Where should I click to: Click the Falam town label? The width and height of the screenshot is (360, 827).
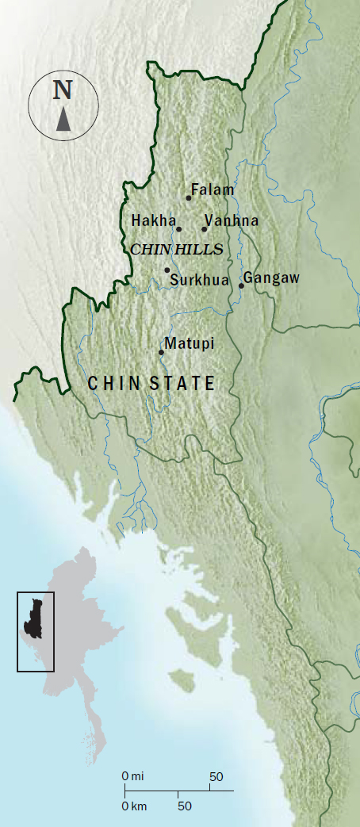click(214, 190)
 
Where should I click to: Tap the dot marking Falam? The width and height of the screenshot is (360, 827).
click(189, 197)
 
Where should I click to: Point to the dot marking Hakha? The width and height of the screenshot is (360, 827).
click(178, 229)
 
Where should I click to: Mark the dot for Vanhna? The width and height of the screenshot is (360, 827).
click(205, 229)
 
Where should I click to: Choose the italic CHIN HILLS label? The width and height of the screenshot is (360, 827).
click(175, 249)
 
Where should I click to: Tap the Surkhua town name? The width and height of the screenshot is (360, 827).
click(200, 279)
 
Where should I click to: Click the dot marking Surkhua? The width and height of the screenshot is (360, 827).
click(167, 270)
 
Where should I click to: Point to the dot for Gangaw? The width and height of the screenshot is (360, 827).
click(241, 285)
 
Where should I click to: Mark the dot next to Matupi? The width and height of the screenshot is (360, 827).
click(162, 352)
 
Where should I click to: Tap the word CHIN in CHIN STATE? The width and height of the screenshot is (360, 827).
click(113, 384)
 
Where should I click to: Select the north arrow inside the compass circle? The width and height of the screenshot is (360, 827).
click(63, 119)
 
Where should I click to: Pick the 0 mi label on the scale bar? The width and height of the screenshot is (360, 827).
click(132, 775)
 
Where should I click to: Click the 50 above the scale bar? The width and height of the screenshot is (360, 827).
click(216, 775)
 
